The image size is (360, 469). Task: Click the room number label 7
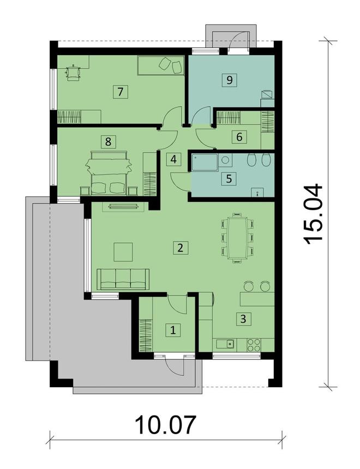(x=120, y=91)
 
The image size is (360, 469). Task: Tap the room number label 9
(x=230, y=80)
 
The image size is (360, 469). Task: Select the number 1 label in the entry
(x=173, y=329)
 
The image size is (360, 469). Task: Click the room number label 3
(x=240, y=318)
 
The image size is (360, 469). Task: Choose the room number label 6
(x=240, y=136)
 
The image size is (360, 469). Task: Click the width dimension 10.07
(x=165, y=424)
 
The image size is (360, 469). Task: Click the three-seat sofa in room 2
(x=123, y=279)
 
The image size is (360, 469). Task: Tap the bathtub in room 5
(x=203, y=161)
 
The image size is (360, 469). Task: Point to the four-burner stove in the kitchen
(x=254, y=344)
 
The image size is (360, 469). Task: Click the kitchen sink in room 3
(x=230, y=344)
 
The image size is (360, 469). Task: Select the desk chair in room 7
(x=73, y=73)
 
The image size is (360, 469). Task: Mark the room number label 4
(x=173, y=159)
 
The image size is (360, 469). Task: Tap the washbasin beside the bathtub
(x=225, y=160)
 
